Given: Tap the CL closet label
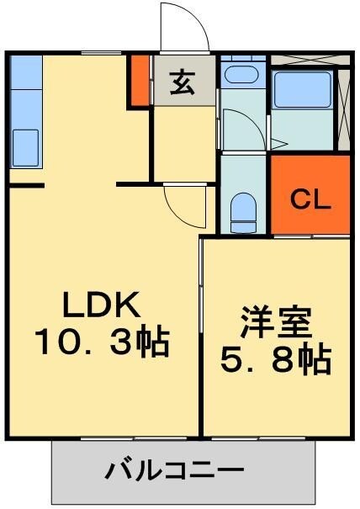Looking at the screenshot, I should point(310,201).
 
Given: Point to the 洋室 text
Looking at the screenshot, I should point(275,323).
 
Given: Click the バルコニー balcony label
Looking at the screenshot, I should point(174,469).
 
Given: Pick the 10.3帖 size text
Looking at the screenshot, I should point(102,342).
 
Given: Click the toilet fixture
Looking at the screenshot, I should point(244,210).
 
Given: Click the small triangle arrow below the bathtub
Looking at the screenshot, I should point(275,143).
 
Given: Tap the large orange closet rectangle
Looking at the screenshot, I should point(310,195).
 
